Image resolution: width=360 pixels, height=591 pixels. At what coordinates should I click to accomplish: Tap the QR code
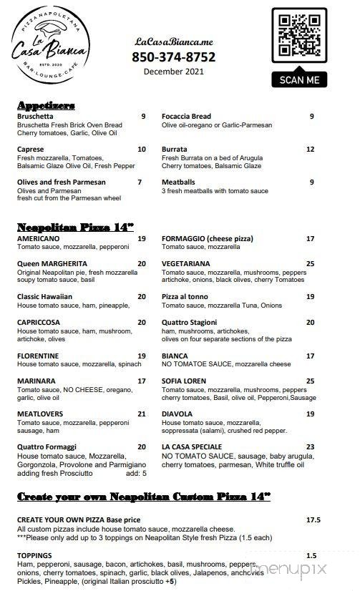[299, 38]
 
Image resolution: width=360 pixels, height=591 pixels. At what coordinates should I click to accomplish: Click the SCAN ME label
[299, 80]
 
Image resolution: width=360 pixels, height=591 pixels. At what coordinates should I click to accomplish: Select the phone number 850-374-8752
[173, 57]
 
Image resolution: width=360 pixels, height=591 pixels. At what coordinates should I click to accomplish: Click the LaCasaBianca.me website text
[173, 42]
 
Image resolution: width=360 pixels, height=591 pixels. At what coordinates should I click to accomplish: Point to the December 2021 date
[173, 72]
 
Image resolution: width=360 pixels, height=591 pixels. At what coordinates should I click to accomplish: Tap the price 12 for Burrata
[310, 150]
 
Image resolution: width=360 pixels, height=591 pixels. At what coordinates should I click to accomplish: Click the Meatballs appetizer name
[178, 182]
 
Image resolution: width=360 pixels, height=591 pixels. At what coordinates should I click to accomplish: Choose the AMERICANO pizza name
[38, 238]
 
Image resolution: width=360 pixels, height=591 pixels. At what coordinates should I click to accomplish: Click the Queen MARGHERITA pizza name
[52, 263]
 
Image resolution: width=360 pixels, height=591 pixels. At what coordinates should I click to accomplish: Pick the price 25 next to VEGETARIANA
[310, 263]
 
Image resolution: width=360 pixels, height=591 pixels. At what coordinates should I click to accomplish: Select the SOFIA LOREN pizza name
[184, 381]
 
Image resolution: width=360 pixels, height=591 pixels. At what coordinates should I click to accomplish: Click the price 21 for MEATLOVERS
[142, 414]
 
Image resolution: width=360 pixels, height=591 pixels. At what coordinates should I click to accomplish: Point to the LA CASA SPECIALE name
[192, 446]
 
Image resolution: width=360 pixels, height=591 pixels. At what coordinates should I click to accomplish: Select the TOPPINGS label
[35, 555]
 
